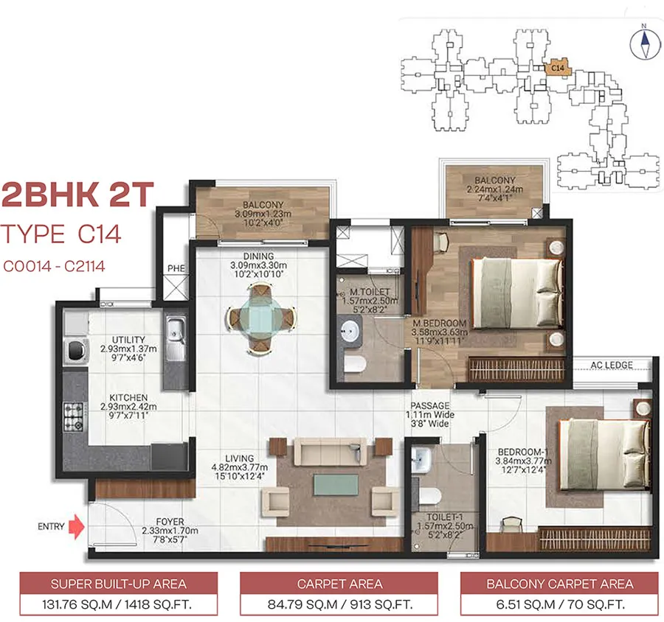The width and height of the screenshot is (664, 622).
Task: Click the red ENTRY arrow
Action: [x=77, y=526]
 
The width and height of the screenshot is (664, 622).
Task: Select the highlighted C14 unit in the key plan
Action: [x=558, y=68]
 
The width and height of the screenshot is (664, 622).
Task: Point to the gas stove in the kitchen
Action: [x=74, y=417]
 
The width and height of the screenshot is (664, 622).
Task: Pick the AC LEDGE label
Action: [x=612, y=365]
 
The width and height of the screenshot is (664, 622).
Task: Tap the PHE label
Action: [x=176, y=268]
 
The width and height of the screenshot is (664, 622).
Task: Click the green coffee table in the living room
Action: [x=336, y=484]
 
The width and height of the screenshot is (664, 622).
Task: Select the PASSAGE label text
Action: [x=430, y=405]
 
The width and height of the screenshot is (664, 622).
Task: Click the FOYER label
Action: [x=170, y=522]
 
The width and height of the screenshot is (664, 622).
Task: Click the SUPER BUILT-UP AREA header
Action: [x=119, y=584]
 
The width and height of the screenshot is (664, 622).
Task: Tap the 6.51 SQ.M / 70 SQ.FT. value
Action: [x=560, y=604]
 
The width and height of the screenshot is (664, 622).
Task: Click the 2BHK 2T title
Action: [x=77, y=195]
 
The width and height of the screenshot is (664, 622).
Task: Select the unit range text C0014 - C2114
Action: [x=54, y=266]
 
